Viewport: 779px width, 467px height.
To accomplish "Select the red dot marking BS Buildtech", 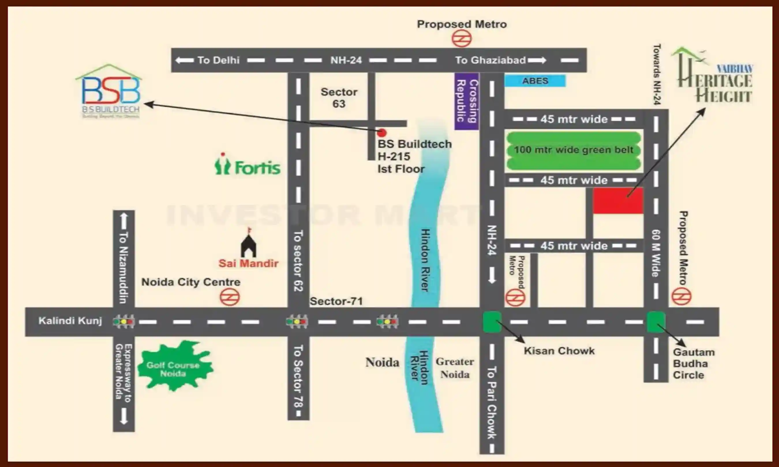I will point(382,133).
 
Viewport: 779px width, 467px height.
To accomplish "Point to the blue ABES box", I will point(535,81).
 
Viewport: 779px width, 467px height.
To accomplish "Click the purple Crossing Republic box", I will point(467,101).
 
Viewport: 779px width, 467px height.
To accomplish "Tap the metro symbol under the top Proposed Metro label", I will point(462,39).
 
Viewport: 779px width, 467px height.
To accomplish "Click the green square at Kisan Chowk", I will point(492,322).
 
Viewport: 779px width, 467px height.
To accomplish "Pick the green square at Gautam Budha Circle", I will point(656,322).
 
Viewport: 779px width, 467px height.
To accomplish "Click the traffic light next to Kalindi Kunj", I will point(124,322).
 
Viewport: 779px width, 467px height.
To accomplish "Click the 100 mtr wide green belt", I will point(573,150).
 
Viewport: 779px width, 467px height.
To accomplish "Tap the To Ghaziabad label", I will point(490,60).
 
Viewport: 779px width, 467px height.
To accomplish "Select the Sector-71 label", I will point(336,302).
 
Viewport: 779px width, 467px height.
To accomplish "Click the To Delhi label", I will point(218,60).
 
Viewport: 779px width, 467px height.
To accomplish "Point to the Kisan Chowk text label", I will point(559,351).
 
